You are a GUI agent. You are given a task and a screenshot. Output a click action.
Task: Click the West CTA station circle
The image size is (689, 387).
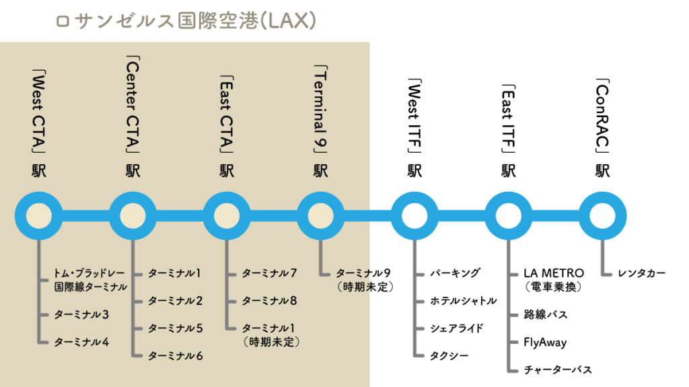tap(38, 216)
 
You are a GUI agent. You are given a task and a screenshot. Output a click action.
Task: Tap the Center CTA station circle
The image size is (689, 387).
tap(133, 216)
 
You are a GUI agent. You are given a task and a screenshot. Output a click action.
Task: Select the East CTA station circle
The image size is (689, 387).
tap(227, 216)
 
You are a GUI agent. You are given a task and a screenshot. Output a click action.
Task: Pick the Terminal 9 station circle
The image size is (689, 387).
tap(320, 216)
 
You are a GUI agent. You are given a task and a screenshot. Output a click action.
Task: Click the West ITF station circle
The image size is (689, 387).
tap(414, 216)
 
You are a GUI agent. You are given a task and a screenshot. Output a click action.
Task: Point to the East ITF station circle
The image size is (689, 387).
tap(509, 216)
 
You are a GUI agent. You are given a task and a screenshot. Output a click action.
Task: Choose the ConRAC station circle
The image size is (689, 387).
tap(603, 216)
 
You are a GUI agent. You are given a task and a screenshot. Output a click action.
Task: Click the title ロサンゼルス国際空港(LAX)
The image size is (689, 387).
tap(186, 21)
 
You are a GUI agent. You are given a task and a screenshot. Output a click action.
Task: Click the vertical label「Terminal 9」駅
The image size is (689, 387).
tap(320, 122)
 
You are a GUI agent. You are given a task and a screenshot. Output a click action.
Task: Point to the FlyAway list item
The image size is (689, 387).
tap(545, 342)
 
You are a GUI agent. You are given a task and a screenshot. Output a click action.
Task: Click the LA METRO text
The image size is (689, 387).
tap(554, 273)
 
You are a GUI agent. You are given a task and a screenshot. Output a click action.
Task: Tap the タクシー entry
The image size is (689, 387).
tap(449, 355)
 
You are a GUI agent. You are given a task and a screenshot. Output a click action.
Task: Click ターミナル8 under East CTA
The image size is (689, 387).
tap(269, 301)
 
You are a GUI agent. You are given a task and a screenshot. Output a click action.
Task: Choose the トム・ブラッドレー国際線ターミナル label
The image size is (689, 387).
tap(90, 280)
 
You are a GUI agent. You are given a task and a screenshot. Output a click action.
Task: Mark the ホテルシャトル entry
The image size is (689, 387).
tap(464, 301)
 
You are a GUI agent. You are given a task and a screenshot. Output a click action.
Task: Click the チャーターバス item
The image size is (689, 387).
tap(558, 370)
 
